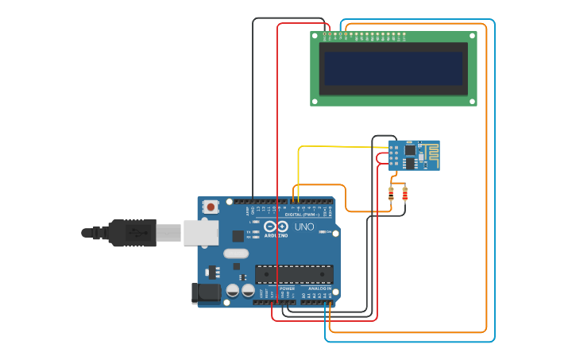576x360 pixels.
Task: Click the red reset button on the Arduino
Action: tap(211, 207)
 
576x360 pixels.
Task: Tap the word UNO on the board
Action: tap(304, 226)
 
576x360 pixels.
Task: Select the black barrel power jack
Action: tap(206, 292)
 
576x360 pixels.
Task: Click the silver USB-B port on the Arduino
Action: tap(201, 232)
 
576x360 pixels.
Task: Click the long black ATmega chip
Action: tap(293, 274)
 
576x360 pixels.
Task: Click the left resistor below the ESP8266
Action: tap(391, 192)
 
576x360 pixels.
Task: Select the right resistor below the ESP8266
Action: tap(405, 192)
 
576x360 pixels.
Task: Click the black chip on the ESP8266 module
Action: tap(409, 149)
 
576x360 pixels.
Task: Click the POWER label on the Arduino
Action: tap(287, 288)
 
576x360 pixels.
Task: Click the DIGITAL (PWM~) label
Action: tap(302, 215)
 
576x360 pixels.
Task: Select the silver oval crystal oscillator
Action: tap(235, 254)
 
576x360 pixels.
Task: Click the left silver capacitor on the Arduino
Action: tap(233, 291)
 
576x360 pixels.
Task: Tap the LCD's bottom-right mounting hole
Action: tap(472, 101)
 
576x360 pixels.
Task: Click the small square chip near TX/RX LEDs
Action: tap(238, 235)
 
